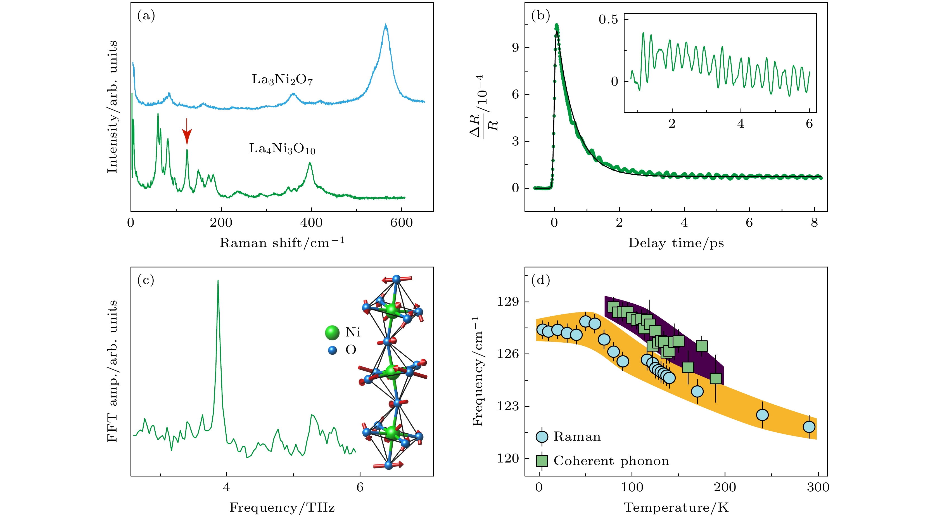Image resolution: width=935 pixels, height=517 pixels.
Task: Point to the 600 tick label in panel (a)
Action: [x=402, y=222]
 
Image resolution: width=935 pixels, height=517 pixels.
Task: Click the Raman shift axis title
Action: [x=282, y=243]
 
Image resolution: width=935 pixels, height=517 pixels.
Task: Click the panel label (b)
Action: [x=540, y=16]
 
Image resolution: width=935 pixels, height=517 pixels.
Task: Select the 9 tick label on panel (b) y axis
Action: [x=515, y=48]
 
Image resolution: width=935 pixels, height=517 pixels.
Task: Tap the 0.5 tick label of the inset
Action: [x=608, y=20]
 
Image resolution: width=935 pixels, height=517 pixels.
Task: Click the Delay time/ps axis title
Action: [x=676, y=243]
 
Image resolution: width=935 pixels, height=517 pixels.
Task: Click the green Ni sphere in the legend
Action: [x=332, y=332]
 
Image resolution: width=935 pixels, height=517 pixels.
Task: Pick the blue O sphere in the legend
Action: [x=332, y=350]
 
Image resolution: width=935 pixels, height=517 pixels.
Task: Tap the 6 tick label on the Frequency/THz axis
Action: [x=360, y=487]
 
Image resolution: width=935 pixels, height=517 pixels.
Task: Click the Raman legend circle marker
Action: [x=542, y=437]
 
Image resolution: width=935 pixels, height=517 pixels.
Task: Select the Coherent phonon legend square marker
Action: [x=542, y=461]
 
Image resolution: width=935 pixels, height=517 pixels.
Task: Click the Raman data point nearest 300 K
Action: [x=809, y=427]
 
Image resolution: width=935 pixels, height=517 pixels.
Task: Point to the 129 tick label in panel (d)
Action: [x=508, y=302]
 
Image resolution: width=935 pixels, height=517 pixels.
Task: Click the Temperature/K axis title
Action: [x=676, y=507]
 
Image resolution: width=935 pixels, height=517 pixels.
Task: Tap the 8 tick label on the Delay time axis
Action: [x=815, y=222]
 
